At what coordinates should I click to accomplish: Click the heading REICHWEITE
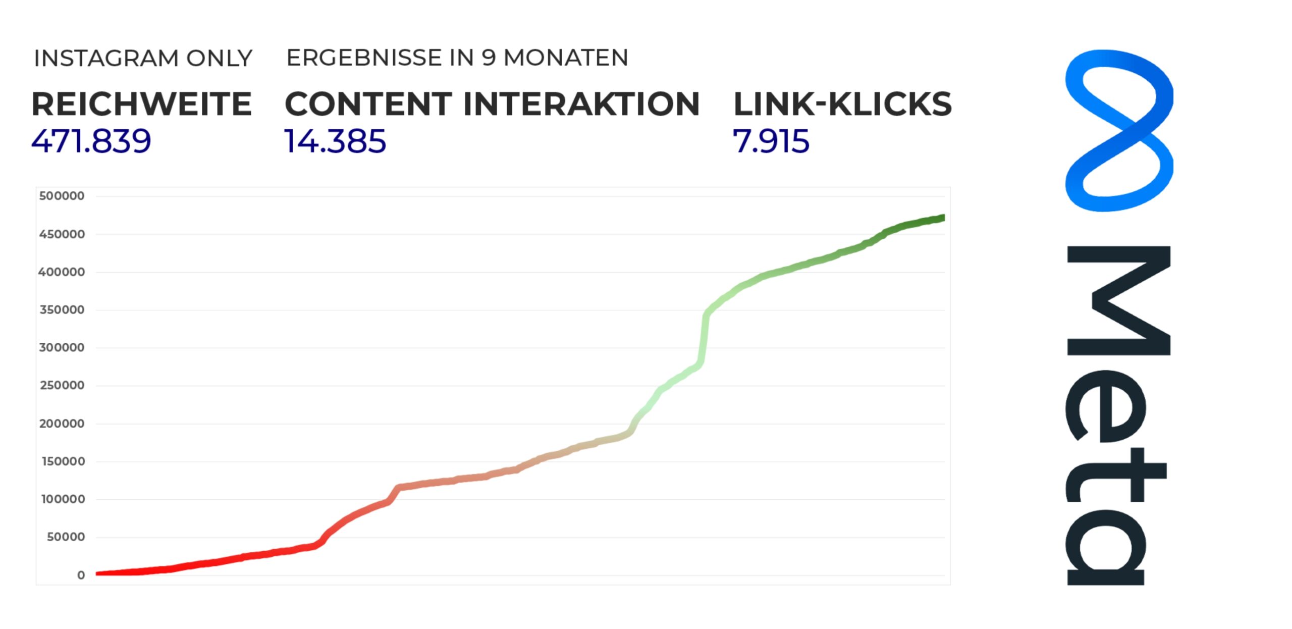pyautogui.click(x=142, y=104)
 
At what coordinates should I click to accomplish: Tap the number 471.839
pyautogui.click(x=91, y=141)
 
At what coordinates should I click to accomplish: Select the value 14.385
pyautogui.click(x=335, y=141)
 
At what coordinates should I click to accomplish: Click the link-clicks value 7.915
pyautogui.click(x=771, y=141)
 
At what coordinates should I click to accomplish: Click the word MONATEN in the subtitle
pyautogui.click(x=566, y=58)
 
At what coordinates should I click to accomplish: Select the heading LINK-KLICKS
pyautogui.click(x=842, y=104)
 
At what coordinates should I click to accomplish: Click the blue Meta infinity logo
pyautogui.click(x=1119, y=130)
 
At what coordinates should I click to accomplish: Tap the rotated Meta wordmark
pyautogui.click(x=1118, y=415)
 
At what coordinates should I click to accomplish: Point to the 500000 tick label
pyautogui.click(x=62, y=196)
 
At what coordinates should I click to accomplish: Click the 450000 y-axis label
pyautogui.click(x=62, y=234)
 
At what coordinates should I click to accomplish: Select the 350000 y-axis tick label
pyautogui.click(x=62, y=310)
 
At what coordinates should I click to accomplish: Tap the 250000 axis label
pyautogui.click(x=62, y=386)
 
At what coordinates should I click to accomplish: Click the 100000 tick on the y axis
pyautogui.click(x=63, y=499)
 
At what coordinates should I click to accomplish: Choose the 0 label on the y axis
pyautogui.click(x=81, y=575)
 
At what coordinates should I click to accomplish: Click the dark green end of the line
pyautogui.click(x=942, y=218)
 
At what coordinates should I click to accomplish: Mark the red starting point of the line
pyautogui.click(x=98, y=574)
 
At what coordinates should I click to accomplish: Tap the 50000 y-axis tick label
pyautogui.click(x=65, y=537)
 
